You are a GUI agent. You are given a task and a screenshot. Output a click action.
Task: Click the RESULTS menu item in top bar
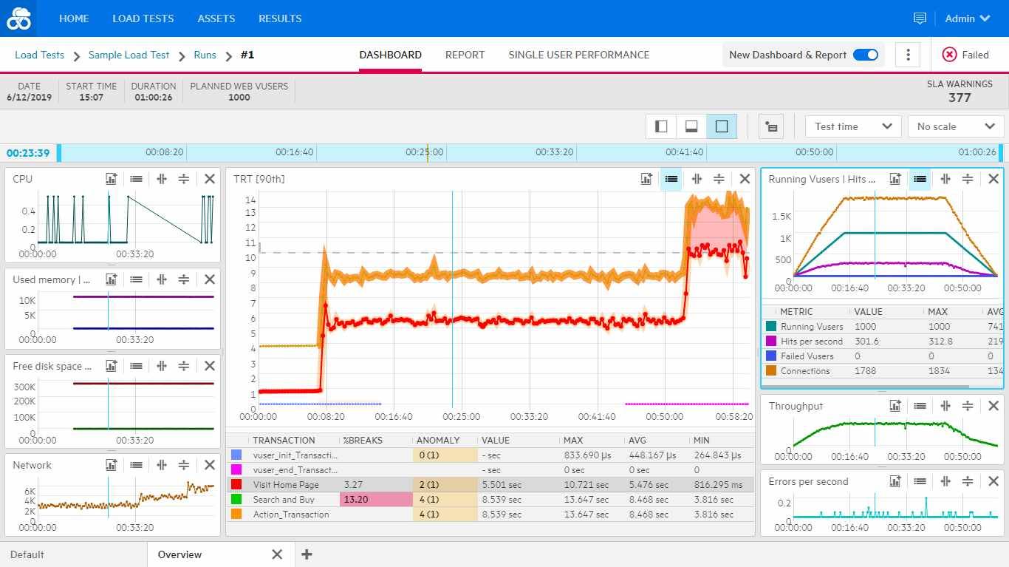[x=280, y=18]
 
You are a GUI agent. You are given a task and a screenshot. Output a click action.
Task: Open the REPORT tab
[x=465, y=55]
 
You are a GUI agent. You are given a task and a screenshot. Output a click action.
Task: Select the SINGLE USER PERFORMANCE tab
[x=578, y=55]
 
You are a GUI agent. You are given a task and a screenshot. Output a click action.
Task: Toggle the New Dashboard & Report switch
[x=865, y=55]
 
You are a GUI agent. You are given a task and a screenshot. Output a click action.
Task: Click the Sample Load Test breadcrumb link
[x=129, y=55]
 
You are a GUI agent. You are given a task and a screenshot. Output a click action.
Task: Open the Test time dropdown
[x=853, y=126]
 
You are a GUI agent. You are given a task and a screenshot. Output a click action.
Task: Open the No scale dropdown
[x=955, y=126]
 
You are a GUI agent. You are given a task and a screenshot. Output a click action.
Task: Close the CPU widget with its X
[x=210, y=179]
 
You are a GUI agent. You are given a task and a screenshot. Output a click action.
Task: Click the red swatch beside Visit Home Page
[x=236, y=485]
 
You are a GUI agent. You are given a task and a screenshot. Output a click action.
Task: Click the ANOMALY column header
[x=438, y=440]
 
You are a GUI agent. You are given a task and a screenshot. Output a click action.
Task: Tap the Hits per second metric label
[x=811, y=342]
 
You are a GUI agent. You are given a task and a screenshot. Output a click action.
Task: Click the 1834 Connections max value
[x=939, y=371]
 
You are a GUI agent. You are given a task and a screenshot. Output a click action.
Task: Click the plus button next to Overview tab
[x=307, y=554]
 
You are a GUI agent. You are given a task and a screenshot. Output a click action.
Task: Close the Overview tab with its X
[x=277, y=554]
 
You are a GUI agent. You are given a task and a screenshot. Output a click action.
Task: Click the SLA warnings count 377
[x=960, y=98]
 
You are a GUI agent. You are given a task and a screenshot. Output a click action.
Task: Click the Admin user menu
[x=967, y=18]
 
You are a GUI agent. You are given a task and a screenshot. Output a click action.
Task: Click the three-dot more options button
[x=908, y=55]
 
